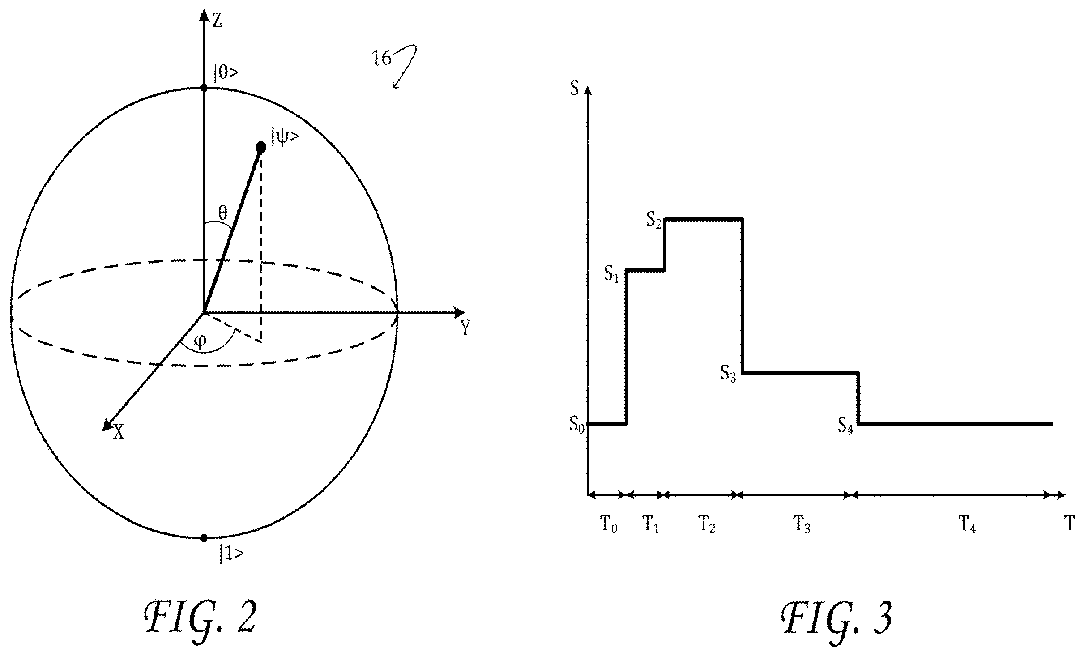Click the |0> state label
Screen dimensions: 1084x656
coord(226,72)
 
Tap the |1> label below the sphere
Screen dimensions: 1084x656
coord(231,554)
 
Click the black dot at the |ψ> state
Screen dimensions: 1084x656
coord(260,147)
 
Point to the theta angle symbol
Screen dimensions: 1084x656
coord(222,213)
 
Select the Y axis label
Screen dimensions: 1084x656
coord(465,328)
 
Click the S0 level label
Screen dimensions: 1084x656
coord(576,423)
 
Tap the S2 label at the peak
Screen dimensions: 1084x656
coord(654,220)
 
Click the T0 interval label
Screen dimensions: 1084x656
coord(608,524)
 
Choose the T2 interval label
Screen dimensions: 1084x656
coord(707,524)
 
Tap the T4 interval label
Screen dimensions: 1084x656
coord(967,524)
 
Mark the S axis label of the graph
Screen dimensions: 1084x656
coord(574,88)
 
